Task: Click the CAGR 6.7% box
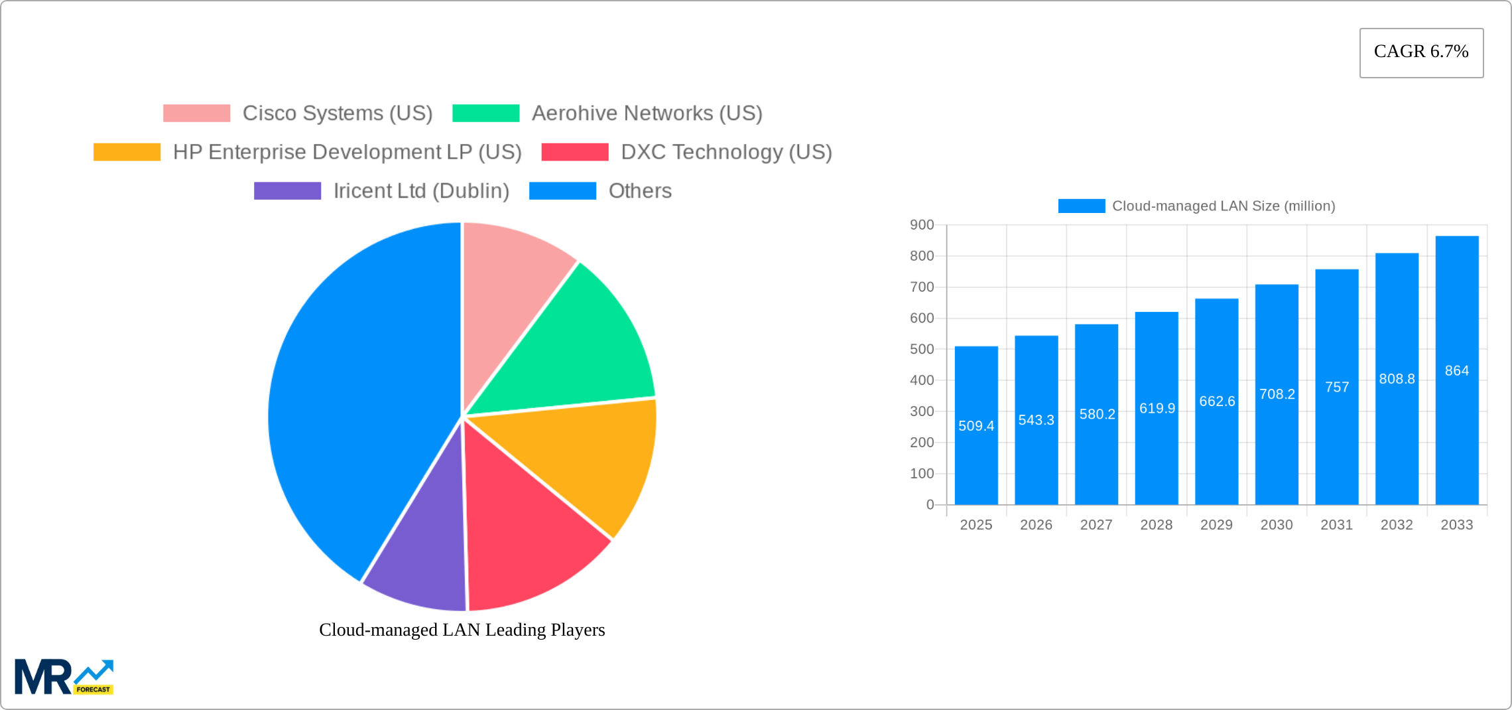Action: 1421,52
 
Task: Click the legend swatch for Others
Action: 562,191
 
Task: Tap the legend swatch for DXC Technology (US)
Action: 574,153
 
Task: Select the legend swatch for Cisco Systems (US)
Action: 196,113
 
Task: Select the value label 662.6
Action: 1217,401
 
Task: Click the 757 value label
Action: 1337,388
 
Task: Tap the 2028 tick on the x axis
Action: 1157,525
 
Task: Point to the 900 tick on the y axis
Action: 922,225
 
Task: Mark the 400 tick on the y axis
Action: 922,380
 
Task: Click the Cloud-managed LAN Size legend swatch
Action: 1081,206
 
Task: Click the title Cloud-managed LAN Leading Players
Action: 462,630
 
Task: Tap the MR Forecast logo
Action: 64,677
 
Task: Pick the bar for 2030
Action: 1277,451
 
